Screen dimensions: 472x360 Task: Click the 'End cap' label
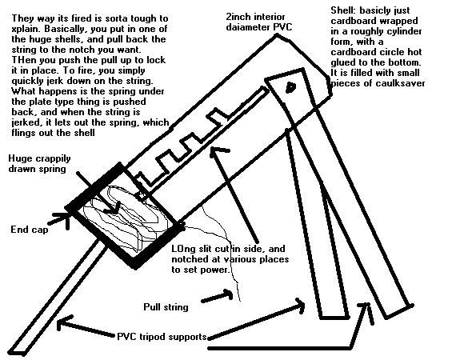tap(29, 230)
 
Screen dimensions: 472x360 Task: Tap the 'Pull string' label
tap(166, 307)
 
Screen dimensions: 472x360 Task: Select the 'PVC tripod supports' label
tap(162, 336)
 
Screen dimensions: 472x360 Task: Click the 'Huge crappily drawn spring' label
tap(39, 163)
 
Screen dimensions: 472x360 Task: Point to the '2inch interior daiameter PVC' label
tap(259, 22)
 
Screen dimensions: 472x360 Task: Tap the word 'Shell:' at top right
tap(343, 10)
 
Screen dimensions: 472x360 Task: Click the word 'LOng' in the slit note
tap(182, 250)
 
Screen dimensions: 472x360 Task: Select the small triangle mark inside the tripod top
tap(290, 87)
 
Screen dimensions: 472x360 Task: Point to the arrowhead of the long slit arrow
tap(217, 151)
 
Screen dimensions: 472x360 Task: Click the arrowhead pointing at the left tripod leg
tap(64, 323)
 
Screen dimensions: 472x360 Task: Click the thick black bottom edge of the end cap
tap(158, 247)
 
